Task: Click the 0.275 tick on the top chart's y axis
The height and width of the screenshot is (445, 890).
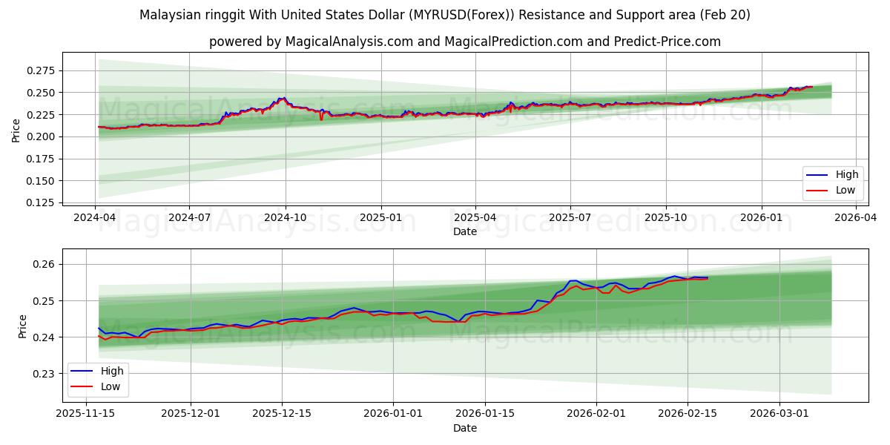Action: (42, 70)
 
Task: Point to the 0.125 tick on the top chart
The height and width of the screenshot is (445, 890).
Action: (42, 202)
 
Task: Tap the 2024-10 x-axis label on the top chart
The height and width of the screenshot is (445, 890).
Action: (286, 218)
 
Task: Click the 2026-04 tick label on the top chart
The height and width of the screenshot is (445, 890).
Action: (856, 218)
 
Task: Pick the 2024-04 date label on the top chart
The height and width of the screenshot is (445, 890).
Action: (95, 218)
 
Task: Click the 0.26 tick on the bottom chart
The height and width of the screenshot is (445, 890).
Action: (47, 264)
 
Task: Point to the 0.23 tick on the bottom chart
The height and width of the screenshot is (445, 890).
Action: (47, 374)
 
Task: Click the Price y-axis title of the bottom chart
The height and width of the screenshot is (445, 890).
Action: (22, 326)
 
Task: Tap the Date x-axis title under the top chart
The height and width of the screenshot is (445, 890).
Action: (465, 231)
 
